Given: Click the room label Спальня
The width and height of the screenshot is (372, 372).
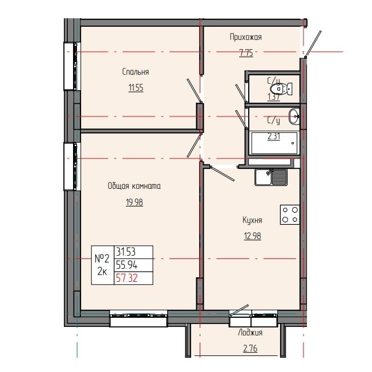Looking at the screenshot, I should pos(135,72).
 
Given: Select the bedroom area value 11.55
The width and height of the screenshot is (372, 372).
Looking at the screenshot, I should pos(135,88).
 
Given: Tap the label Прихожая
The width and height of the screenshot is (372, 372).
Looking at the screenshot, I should pos(245,37).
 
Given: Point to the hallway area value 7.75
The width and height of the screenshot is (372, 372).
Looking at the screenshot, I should pos(245,52).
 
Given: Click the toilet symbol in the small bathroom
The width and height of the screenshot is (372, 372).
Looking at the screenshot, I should pos(281,88).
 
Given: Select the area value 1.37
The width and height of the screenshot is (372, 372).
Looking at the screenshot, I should pos(274,97).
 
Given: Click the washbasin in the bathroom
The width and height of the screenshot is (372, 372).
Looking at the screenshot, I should pos(294,116).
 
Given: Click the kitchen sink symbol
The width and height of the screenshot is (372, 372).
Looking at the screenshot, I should pos(271,177).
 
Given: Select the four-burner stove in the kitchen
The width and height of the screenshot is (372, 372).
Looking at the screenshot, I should pos(290,214).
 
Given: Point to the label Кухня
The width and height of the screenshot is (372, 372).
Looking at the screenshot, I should pos(252,220).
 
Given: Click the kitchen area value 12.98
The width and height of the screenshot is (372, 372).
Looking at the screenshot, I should pos(252,236).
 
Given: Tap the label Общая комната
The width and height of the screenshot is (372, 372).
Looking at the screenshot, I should pos(134,186).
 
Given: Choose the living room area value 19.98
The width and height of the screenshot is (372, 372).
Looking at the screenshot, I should pos(134,202).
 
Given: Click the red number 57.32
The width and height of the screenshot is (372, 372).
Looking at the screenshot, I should pos(127,278).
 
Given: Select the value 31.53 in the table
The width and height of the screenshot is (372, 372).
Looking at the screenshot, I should pos(127,252).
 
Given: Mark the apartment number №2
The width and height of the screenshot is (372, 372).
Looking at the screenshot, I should pos(102,258).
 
